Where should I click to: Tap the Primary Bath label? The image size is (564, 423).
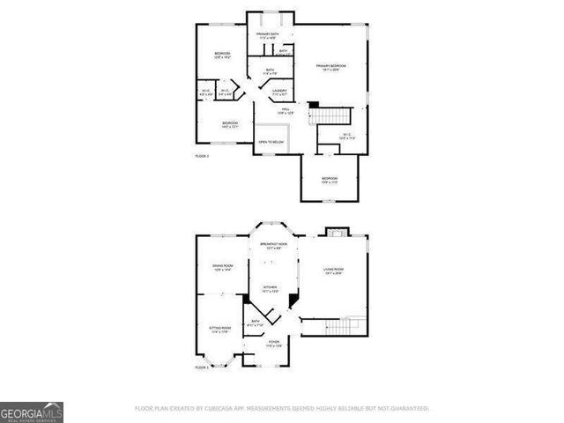[268, 36]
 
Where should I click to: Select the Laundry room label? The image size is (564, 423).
[279, 92]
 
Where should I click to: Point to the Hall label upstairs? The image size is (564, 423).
[286, 111]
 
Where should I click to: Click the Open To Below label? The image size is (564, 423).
[271, 141]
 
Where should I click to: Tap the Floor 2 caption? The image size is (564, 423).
[202, 156]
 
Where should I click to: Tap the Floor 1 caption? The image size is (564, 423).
[202, 367]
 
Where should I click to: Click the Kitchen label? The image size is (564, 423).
[270, 289]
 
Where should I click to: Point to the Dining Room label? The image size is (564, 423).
[222, 267]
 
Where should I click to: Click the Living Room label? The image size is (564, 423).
[333, 271]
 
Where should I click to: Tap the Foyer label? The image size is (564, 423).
[274, 344]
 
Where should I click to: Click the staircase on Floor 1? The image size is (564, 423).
[335, 327]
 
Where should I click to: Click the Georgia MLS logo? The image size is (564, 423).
[32, 412]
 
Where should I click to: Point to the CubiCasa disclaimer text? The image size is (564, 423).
[281, 409]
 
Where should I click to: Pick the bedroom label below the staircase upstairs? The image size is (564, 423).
[330, 181]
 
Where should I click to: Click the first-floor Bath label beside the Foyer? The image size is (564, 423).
[256, 323]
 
